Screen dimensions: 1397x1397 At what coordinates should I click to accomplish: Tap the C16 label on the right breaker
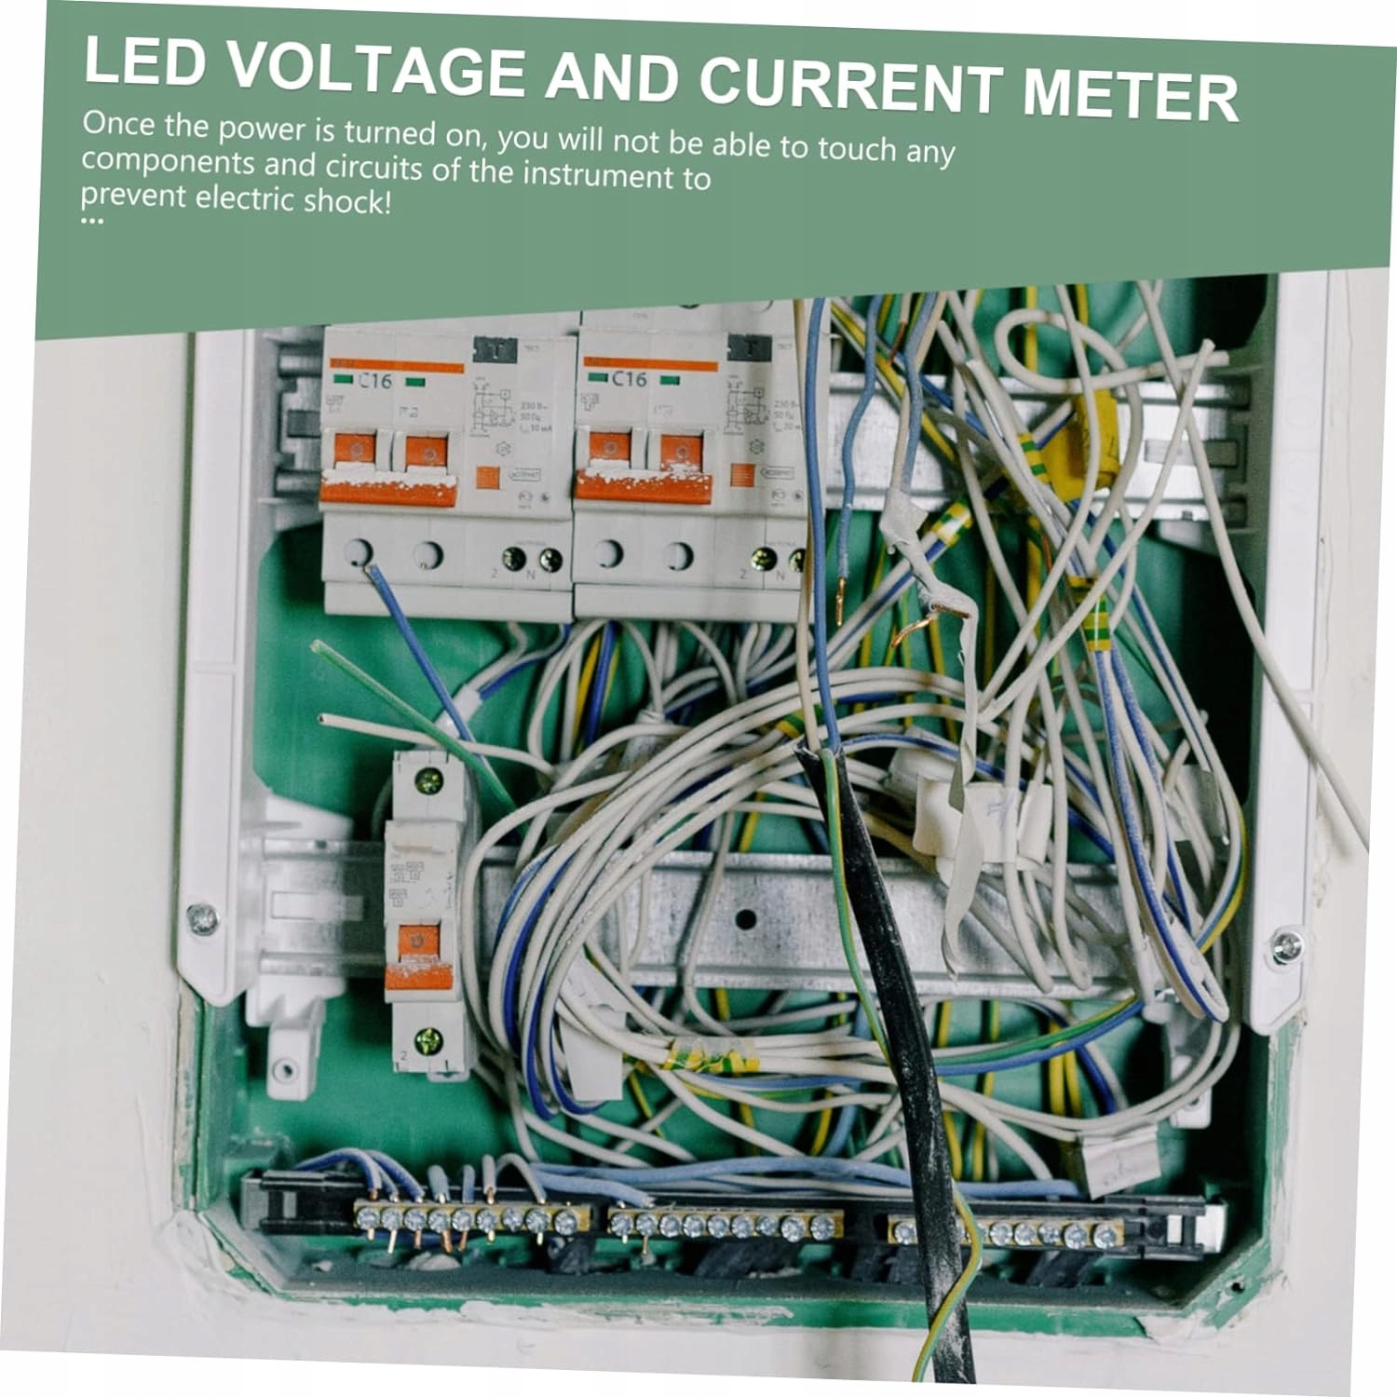628,379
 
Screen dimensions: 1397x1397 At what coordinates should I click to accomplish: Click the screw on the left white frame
202,919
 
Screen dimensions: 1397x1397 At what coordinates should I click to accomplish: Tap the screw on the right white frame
1286,946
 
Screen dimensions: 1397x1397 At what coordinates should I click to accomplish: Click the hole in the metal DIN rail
744,919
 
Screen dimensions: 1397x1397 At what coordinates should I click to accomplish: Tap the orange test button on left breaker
487,478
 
